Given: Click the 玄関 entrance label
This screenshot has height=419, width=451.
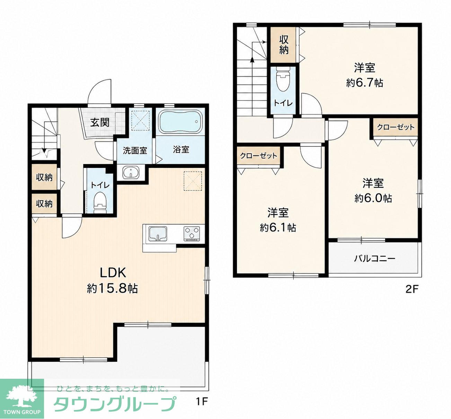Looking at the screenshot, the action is pyautogui.click(x=100, y=122).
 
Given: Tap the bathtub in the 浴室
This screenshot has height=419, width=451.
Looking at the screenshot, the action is pyautogui.click(x=180, y=123).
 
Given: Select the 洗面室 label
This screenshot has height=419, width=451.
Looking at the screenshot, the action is pyautogui.click(x=135, y=151).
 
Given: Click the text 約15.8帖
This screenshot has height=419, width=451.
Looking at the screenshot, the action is pyautogui.click(x=113, y=289).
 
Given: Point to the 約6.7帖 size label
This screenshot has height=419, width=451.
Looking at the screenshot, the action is pyautogui.click(x=365, y=83).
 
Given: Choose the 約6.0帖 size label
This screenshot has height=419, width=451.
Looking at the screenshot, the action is pyautogui.click(x=373, y=198).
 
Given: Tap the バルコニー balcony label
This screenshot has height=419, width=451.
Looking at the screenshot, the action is pyautogui.click(x=375, y=258).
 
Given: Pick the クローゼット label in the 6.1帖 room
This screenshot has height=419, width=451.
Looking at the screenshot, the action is pyautogui.click(x=259, y=156).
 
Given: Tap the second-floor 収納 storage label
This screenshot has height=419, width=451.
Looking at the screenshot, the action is pyautogui.click(x=284, y=45).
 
